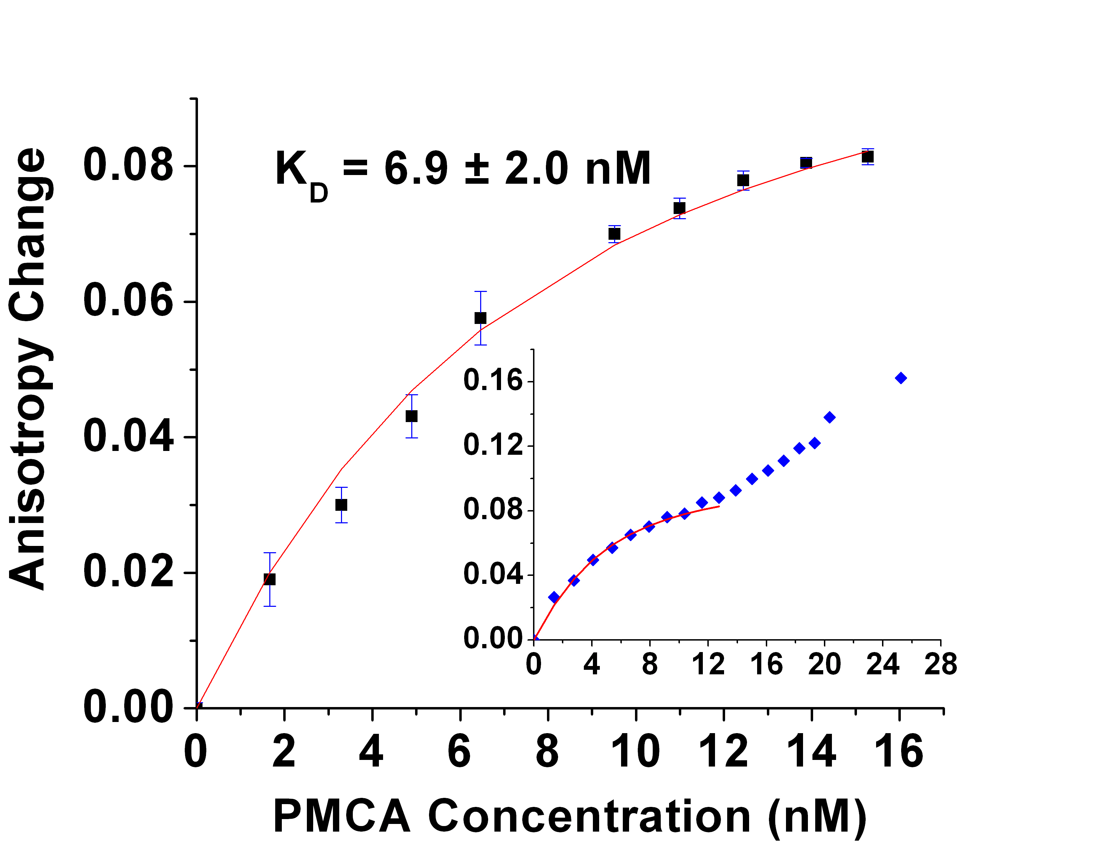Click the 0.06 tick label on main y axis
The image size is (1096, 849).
(128, 301)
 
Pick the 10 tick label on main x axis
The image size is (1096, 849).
(635, 752)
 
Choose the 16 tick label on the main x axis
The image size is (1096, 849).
(899, 752)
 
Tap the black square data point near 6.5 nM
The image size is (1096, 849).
(480, 318)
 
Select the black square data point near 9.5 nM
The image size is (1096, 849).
(614, 234)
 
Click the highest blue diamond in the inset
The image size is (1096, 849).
(901, 378)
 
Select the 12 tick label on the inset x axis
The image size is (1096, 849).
(708, 664)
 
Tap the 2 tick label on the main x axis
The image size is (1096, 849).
(284, 752)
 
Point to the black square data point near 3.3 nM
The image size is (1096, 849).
(341, 505)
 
